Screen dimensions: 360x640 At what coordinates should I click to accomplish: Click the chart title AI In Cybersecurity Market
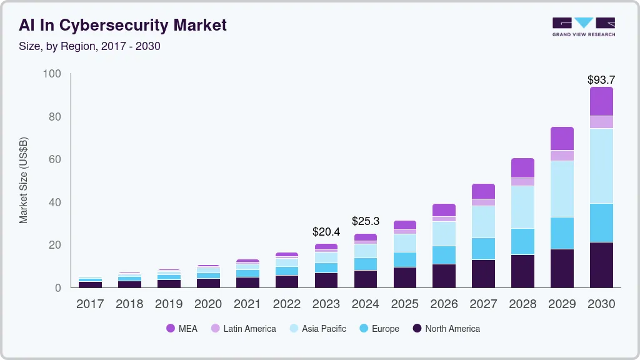pos(122,25)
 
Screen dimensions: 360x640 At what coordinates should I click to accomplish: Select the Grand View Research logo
pos(583,26)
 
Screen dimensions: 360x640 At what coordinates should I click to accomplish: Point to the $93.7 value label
pos(601,79)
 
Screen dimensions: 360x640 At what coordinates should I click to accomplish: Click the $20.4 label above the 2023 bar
pos(326,232)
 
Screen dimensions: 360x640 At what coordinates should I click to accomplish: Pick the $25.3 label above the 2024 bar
pos(365,221)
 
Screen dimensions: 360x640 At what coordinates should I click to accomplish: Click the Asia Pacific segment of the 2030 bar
pos(601,166)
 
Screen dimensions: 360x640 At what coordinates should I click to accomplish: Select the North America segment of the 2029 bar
pos(562,268)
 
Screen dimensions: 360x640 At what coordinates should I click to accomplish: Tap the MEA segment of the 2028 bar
pos(522,167)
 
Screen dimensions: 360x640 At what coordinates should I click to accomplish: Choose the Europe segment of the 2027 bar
pos(483,249)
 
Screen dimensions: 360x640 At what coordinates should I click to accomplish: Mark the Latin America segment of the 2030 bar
pos(601,122)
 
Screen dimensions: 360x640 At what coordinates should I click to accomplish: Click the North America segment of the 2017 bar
pos(90,284)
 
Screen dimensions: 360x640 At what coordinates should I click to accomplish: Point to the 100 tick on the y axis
pos(52,74)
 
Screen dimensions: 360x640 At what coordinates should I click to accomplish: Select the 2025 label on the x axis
pos(404,304)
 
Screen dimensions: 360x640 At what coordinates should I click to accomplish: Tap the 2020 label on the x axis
pos(208,304)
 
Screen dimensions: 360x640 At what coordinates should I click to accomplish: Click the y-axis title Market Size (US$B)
pos(24,180)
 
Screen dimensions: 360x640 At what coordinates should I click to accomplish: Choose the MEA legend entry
pos(182,329)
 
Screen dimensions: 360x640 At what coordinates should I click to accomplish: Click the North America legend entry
pos(446,329)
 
